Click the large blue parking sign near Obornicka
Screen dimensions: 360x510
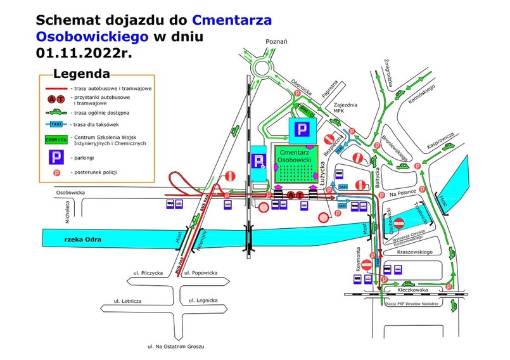[x=302, y=129]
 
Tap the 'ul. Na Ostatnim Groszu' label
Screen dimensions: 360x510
[x=175, y=347]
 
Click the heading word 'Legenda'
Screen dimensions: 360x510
[x=81, y=74]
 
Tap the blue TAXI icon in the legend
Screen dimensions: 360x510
[x=56, y=124]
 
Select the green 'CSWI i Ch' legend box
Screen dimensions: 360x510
[x=56, y=139]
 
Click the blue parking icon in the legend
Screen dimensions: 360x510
[x=56, y=157]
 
